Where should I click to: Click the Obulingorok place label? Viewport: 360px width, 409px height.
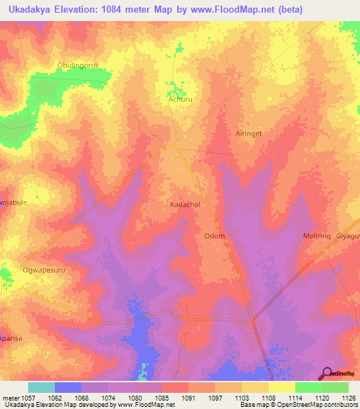click(79, 65)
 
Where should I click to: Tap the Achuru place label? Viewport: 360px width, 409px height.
click(179, 100)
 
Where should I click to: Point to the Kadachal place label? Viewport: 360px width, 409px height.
click(186, 204)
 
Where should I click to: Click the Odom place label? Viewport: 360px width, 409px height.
click(214, 236)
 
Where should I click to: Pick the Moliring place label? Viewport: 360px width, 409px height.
click(316, 236)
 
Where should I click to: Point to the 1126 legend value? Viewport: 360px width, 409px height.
click(349, 397)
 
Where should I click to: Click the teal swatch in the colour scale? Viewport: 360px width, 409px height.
click(41, 387)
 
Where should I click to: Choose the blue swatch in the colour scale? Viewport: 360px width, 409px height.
click(68, 387)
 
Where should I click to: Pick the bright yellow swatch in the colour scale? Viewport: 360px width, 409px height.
click(281, 387)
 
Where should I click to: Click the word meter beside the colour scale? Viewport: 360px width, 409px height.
click(9, 397)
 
